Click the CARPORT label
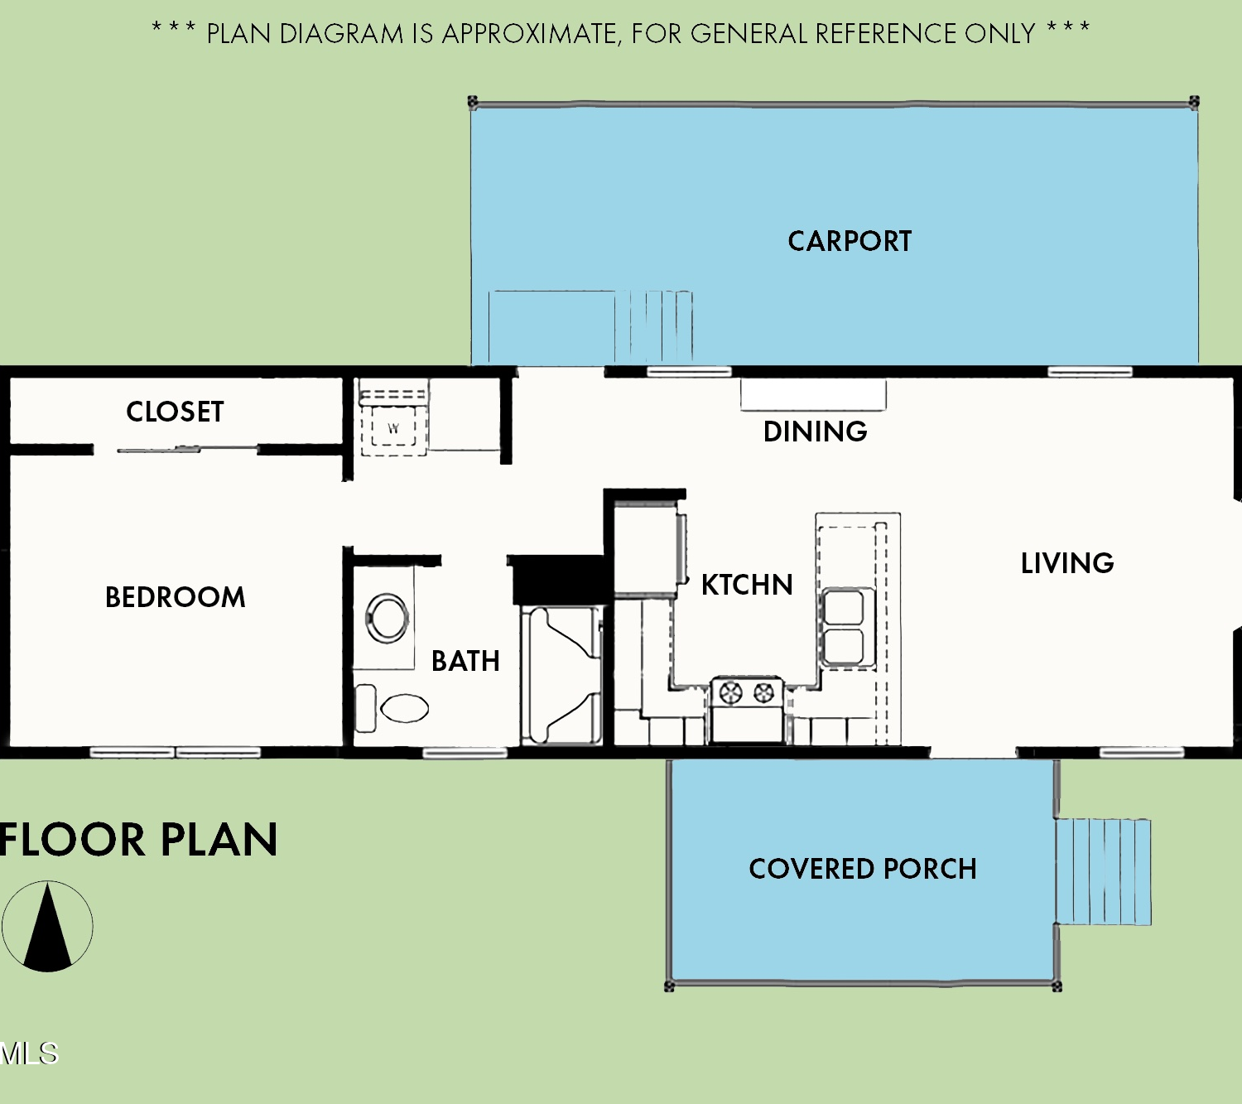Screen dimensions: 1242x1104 (850, 241)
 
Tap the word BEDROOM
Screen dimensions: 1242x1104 (176, 597)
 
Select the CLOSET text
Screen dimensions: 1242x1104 (176, 412)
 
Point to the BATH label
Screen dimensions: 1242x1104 (465, 661)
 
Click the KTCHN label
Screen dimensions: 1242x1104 (747, 585)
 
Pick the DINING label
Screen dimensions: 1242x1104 (816, 431)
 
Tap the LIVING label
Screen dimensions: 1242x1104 (1067, 564)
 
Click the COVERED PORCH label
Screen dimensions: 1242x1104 (863, 869)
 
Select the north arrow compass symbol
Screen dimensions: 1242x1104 (47, 927)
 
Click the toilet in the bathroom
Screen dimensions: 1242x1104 (392, 708)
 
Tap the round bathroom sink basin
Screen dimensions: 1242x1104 (387, 618)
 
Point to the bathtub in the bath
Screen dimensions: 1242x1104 (561, 675)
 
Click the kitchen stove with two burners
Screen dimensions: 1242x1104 (748, 711)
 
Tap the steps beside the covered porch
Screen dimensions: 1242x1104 (1103, 871)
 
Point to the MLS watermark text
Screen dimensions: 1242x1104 (29, 1053)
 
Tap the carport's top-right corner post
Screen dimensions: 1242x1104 (1194, 101)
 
